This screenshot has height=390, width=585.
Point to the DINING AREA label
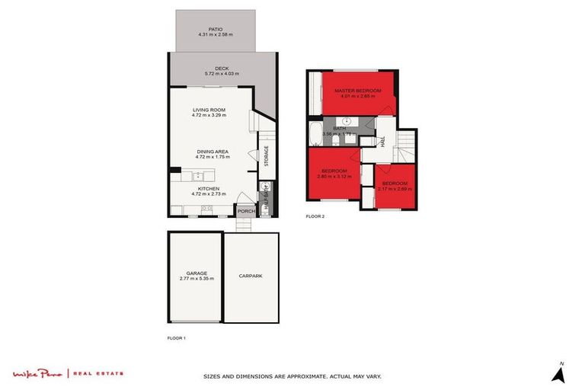tap(213, 151)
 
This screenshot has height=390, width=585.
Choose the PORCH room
tap(245, 211)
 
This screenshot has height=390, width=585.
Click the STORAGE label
tap(267, 155)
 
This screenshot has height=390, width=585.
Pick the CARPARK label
tap(251, 276)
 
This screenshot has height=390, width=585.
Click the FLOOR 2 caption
tap(315, 217)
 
